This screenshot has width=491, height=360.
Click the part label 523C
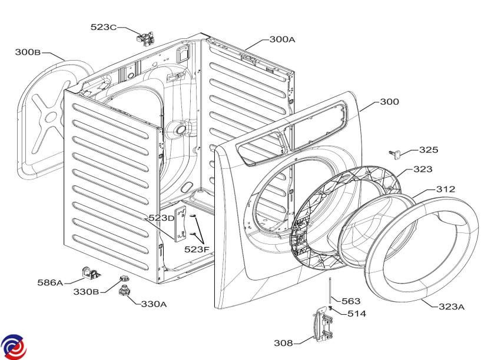[x=104, y=27]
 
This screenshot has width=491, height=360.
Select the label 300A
[x=282, y=40]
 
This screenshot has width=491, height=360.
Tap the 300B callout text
[x=28, y=52]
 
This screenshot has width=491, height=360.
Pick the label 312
[x=445, y=189]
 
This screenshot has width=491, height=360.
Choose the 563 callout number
[x=351, y=301]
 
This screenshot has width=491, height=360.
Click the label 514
[x=356, y=314]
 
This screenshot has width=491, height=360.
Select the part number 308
[x=284, y=342]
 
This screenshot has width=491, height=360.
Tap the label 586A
[x=51, y=282]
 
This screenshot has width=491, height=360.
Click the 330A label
[x=154, y=304]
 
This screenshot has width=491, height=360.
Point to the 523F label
[x=197, y=249]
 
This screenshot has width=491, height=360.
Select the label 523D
[x=161, y=218]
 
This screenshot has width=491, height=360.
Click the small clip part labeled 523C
[x=144, y=39]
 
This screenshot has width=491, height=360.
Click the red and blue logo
[x=14, y=346]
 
